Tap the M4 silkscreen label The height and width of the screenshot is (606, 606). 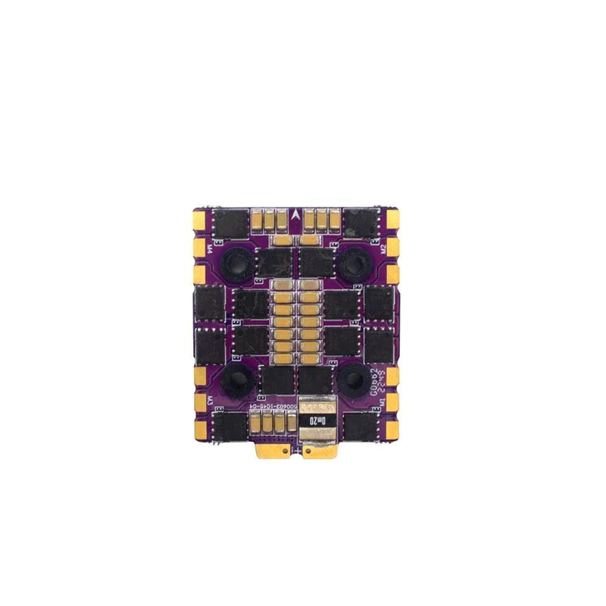209,248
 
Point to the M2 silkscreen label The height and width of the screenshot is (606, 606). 383,248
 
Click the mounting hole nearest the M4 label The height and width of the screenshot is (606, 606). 240,264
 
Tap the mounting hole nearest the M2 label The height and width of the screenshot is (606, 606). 352,264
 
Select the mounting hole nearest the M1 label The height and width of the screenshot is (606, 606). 352,381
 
